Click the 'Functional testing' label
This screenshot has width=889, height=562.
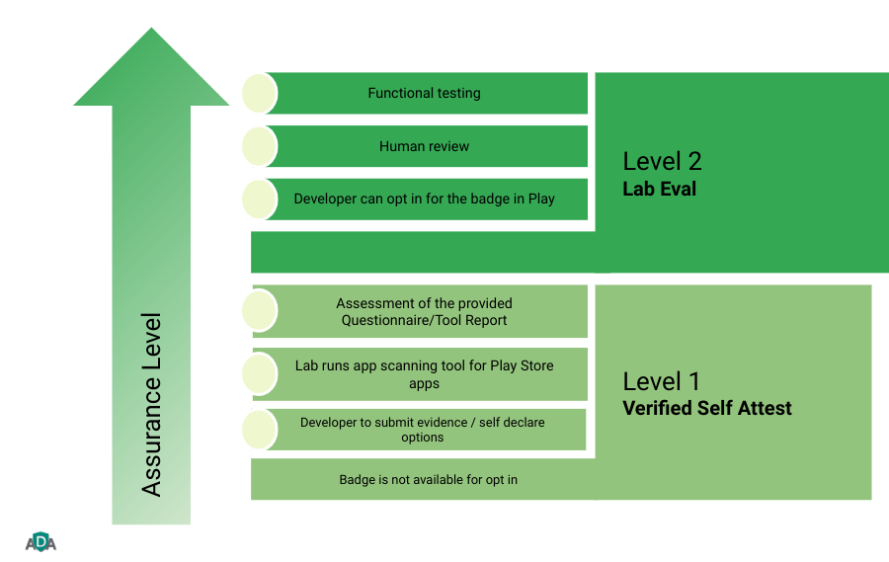click(x=424, y=93)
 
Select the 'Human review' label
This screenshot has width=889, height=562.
click(x=424, y=146)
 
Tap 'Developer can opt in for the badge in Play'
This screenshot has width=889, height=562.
click(x=424, y=199)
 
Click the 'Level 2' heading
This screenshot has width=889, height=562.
click(x=662, y=162)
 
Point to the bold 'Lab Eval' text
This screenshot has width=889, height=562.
click(x=659, y=189)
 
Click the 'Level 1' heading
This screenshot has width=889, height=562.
click(x=662, y=381)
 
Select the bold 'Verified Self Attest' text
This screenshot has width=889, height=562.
click(x=707, y=408)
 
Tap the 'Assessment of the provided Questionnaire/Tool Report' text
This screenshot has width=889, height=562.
click(x=424, y=311)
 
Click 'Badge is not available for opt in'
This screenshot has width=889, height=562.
click(x=429, y=480)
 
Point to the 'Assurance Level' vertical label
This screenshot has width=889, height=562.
click(x=151, y=405)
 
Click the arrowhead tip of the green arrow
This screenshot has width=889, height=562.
click(x=151, y=32)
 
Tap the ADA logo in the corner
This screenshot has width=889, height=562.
click(x=40, y=541)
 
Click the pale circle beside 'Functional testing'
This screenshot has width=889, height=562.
click(x=260, y=93)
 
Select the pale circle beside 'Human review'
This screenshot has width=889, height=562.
click(x=260, y=146)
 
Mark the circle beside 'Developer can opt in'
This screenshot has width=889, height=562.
click(x=260, y=199)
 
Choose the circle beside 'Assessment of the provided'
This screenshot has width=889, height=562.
click(x=260, y=311)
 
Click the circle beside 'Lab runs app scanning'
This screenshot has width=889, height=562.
click(x=260, y=373)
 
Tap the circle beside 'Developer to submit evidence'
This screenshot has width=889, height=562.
click(x=260, y=430)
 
